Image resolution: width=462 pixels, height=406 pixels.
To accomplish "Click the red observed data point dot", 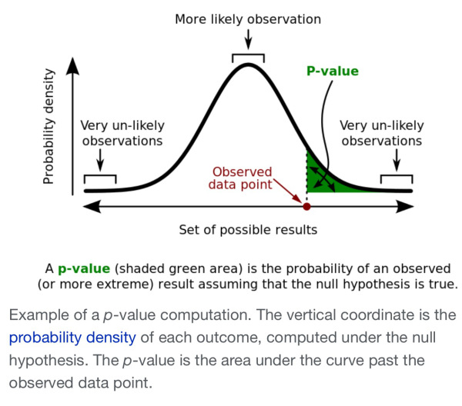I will coord(307,206).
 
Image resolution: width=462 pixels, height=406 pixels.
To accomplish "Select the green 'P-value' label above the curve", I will coord(333,72).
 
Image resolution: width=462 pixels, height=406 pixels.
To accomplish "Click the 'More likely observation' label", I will coord(248,18).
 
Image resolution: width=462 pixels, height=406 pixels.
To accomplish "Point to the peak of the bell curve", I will coord(248,65).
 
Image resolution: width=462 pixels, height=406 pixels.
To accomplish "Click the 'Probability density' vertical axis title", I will coord(49,127).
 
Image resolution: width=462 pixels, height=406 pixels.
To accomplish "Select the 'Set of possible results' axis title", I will coord(248,229).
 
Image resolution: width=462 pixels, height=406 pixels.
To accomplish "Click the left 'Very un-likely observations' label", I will coord(122,133).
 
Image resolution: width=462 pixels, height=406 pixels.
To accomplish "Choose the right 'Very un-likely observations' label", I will coord(381,133).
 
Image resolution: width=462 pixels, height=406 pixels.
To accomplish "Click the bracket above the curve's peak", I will coord(248,56).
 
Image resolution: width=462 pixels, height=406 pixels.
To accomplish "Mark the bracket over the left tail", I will coord(100,178).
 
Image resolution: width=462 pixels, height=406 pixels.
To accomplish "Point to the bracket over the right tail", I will coord(396,178).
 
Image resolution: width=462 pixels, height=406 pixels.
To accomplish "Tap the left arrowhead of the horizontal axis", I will coord(89,206).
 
